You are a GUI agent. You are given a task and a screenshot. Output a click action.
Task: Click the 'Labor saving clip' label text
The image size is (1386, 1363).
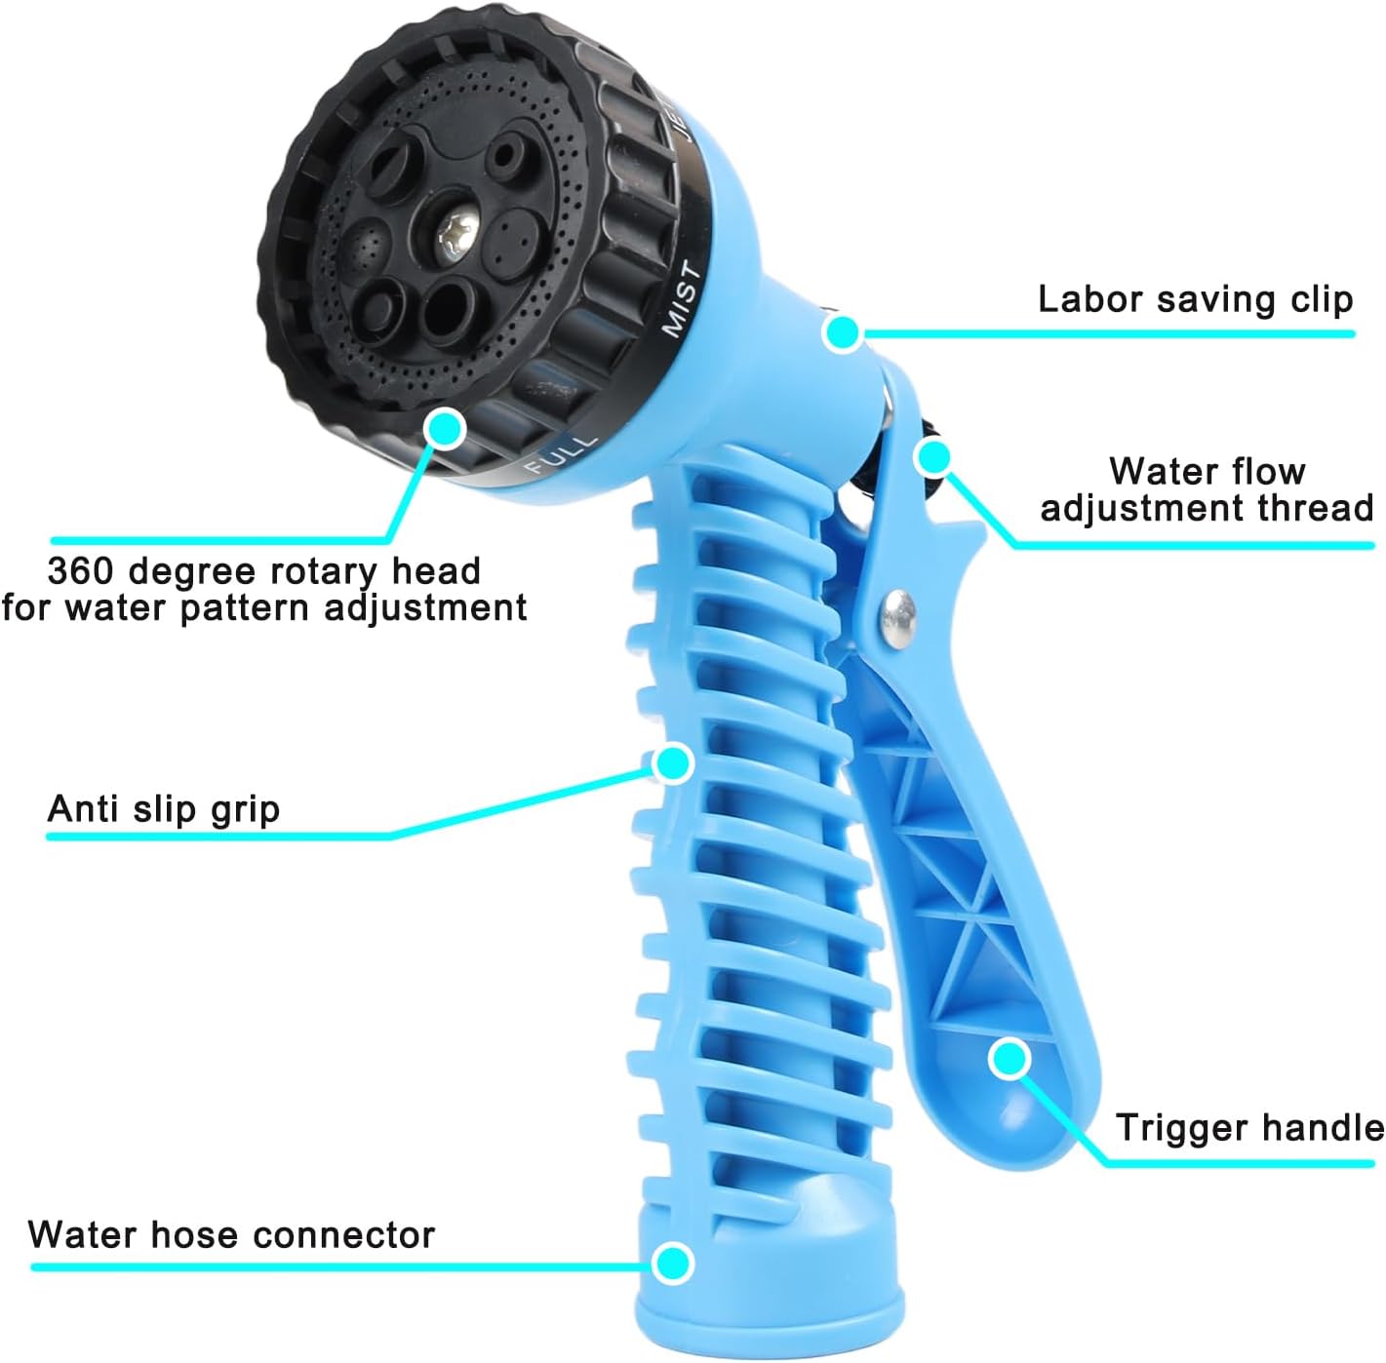point(1196,300)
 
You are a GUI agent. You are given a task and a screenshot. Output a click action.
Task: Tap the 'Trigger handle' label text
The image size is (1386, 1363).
point(1250,1128)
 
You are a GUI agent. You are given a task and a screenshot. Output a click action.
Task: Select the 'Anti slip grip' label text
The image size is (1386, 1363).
point(163,808)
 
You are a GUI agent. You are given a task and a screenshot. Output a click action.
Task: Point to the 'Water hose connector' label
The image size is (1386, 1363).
point(231,1235)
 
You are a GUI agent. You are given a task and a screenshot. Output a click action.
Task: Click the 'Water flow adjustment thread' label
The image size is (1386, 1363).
point(1207,489)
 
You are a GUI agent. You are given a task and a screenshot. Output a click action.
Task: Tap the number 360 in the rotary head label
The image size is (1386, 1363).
point(81,571)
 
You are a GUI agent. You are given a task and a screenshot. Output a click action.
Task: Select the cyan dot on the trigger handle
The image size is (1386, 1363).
point(1010,1059)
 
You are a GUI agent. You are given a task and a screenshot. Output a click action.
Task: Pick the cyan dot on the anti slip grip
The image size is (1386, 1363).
point(673,763)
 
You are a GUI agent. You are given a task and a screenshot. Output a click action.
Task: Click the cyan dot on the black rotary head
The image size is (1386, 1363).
point(445,429)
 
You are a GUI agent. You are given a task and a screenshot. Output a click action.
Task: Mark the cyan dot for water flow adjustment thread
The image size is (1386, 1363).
point(933,458)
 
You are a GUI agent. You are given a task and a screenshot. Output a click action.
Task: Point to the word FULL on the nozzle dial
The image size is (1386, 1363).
point(562,454)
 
